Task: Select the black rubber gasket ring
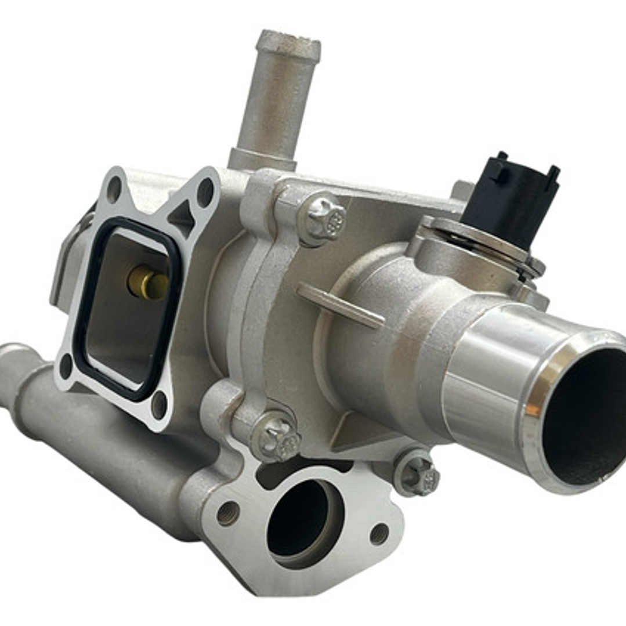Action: pos(81,325)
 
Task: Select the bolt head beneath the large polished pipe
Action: pos(417,472)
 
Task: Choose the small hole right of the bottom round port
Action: pos(379,533)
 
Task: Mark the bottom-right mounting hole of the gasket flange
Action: pos(158,404)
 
